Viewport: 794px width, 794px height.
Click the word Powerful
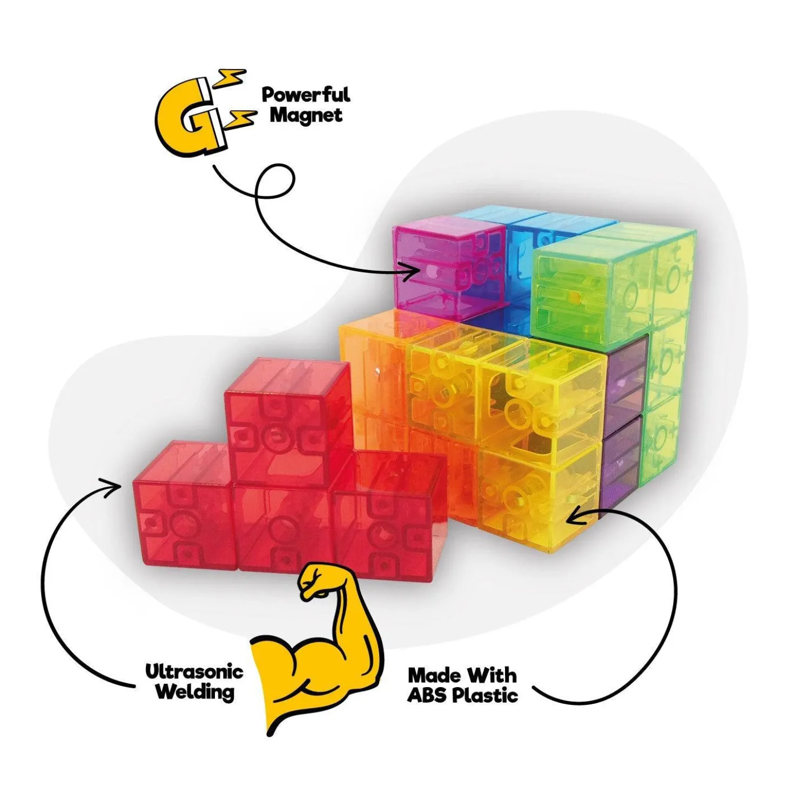[x=306, y=94]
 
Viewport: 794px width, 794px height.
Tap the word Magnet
[x=306, y=115]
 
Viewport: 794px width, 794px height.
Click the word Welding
[x=196, y=692]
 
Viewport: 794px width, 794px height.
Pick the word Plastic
[x=485, y=696]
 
